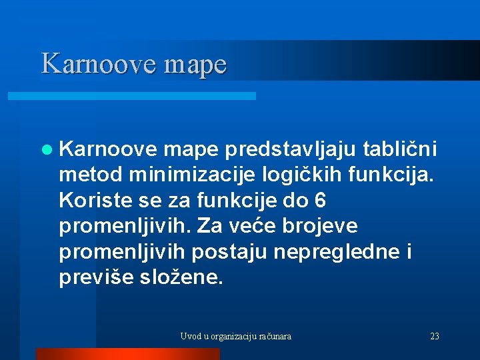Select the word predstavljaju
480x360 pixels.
point(287,151)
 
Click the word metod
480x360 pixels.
point(91,175)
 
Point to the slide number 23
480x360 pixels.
point(435,337)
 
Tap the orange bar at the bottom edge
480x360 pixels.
point(127,354)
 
